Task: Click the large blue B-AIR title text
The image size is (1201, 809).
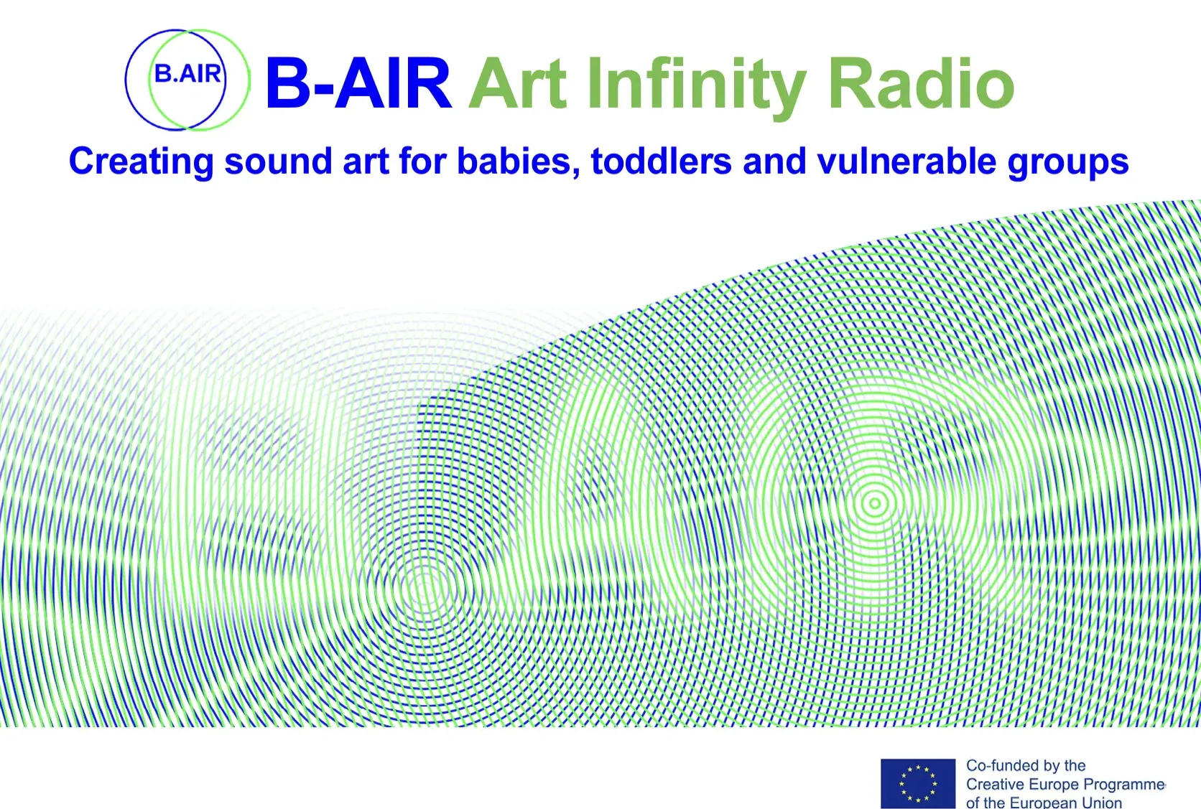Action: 358,84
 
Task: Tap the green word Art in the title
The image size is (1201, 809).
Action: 518,84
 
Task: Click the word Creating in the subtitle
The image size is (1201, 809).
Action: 141,162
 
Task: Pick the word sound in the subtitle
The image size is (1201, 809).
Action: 278,162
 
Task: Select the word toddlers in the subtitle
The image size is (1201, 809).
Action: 661,162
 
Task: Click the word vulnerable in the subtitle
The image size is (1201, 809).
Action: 906,162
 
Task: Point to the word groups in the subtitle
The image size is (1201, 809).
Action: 1068,163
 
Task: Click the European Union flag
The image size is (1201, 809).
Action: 918,783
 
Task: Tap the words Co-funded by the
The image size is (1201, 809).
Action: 1026,765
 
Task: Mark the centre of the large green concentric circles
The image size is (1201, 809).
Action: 874,503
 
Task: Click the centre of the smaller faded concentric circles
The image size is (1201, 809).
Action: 424,589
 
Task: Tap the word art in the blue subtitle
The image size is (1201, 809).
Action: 366,162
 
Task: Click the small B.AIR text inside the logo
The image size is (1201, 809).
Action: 187,74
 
